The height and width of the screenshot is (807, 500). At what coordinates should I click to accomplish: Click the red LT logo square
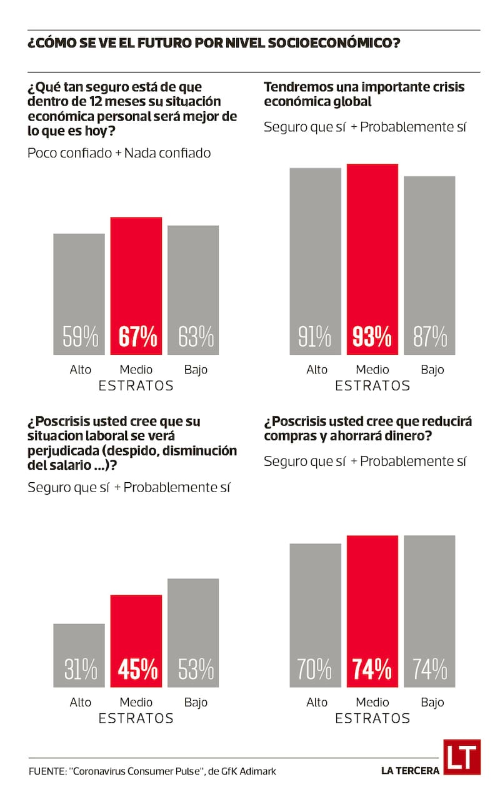click(x=462, y=757)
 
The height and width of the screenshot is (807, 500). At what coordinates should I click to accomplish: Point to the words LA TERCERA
click(x=410, y=771)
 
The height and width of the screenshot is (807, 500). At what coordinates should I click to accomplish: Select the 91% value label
click(x=315, y=337)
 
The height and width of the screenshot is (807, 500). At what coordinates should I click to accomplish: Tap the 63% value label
click(x=196, y=337)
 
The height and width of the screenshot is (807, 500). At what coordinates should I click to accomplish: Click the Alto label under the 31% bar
click(x=81, y=702)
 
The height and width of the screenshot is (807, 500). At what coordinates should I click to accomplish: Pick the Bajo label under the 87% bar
click(x=432, y=369)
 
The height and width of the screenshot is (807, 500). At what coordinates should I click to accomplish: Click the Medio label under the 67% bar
click(x=136, y=369)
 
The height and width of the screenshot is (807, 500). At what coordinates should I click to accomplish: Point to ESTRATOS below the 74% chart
click(x=372, y=718)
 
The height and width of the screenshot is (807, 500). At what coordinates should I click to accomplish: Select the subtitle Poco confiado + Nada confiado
click(x=119, y=153)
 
